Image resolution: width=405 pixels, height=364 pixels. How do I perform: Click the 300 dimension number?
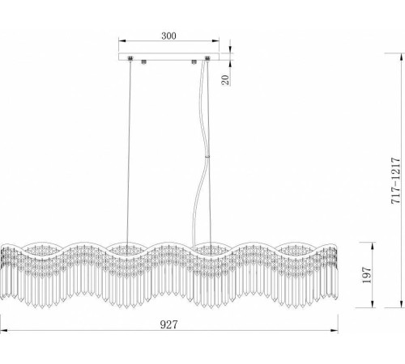point(168,36)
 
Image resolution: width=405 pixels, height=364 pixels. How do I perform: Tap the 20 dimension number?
point(225,80)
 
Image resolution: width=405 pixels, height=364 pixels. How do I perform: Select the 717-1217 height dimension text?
point(396,180)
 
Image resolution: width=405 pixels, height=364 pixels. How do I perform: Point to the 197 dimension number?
point(367,275)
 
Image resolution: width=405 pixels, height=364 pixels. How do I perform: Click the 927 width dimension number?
point(169,324)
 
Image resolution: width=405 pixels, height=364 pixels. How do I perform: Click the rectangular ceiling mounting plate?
point(168,57)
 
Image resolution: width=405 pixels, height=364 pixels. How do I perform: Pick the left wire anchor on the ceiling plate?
point(130,58)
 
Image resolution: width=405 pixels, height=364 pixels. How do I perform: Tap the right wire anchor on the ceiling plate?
point(207,58)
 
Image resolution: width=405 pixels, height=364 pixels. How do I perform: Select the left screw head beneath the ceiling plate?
point(144,62)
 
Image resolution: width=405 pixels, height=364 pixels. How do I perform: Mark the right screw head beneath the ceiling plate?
point(194,62)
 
